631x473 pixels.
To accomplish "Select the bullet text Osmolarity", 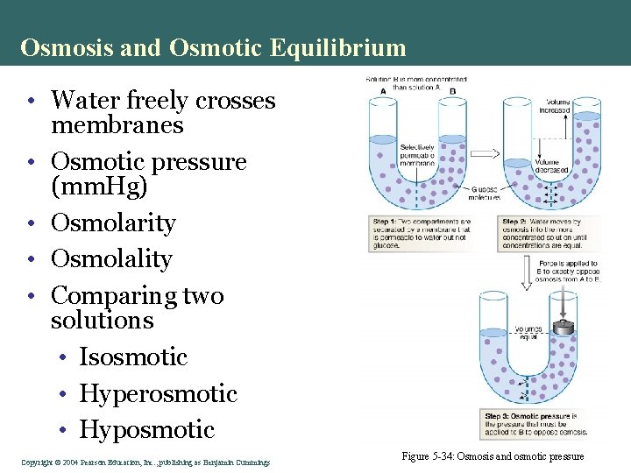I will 113,223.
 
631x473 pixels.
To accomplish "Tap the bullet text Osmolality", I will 111,259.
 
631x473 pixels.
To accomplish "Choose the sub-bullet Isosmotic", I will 133,357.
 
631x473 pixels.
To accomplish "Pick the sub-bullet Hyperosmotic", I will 158,393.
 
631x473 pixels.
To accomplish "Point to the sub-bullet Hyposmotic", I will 146,429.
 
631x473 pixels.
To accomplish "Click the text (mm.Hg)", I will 99,187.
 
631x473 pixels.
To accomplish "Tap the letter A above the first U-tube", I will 383,91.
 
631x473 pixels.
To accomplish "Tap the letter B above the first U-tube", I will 452,91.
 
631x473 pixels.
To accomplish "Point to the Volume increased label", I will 557,106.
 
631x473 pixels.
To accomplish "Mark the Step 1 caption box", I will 421,234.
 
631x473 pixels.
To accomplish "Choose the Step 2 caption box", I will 549,234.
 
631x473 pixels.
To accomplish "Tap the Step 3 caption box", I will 534,424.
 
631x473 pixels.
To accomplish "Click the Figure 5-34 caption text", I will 493,456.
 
